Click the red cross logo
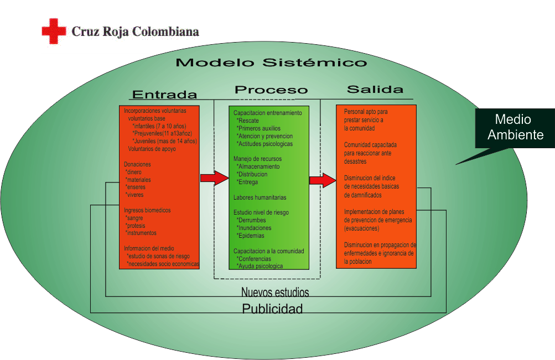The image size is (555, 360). pyautogui.click(x=54, y=31)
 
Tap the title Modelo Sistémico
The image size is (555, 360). pyautogui.click(x=272, y=62)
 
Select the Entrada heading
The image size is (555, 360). pyautogui.click(x=164, y=95)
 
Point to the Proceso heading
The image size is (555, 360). pyautogui.click(x=271, y=90)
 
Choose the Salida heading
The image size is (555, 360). pyautogui.click(x=375, y=89)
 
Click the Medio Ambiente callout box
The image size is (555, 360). pyautogui.click(x=515, y=128)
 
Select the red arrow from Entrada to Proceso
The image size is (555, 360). pyautogui.click(x=215, y=178)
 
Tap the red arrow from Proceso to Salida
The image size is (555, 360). pyautogui.click(x=323, y=180)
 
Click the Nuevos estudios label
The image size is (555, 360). pyautogui.click(x=275, y=292)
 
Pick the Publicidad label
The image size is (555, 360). pyautogui.click(x=272, y=309)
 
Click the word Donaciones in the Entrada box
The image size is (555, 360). pyautogui.click(x=137, y=164)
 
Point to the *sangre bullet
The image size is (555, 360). pyautogui.click(x=134, y=218)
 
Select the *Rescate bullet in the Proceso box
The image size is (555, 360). pyautogui.click(x=248, y=121)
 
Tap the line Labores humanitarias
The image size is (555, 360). pyautogui.click(x=260, y=197)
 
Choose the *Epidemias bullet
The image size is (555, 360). pyautogui.click(x=250, y=236)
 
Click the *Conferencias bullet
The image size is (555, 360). pyautogui.click(x=254, y=259)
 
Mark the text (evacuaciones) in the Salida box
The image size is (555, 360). pyautogui.click(x=362, y=228)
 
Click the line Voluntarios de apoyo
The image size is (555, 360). pyautogui.click(x=152, y=149)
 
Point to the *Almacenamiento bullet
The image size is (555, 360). pyautogui.click(x=258, y=166)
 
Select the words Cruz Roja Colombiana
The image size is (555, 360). pyautogui.click(x=135, y=32)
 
